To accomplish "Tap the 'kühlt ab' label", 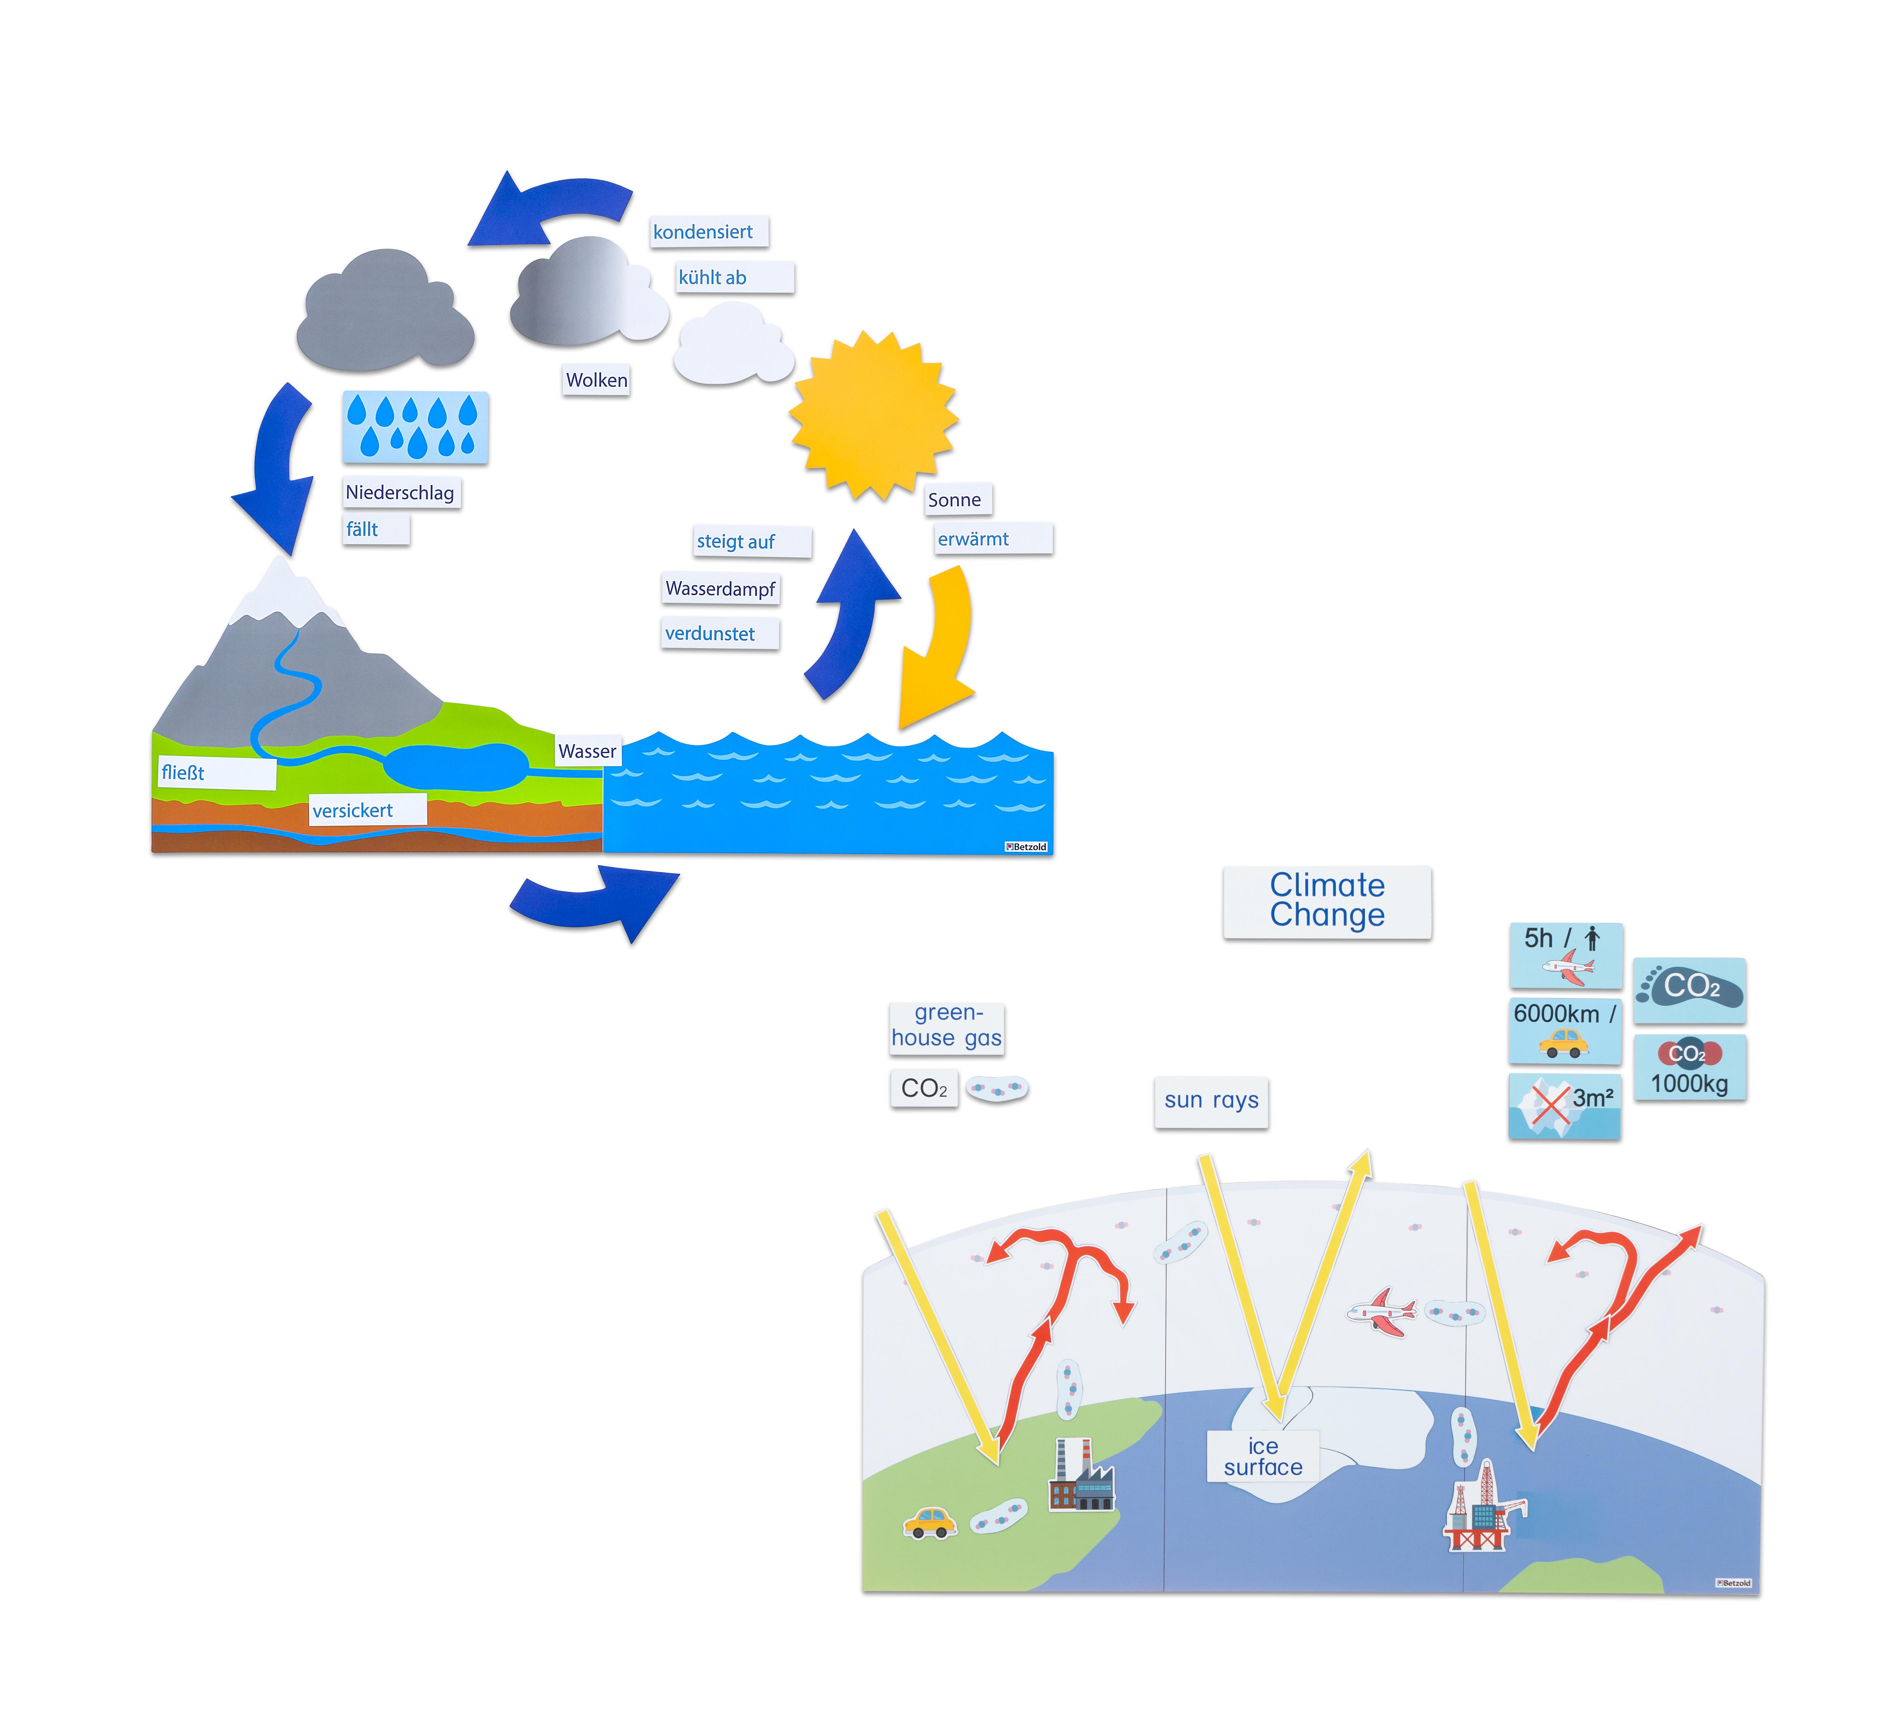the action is point(734,277).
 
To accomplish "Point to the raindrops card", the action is point(415,427).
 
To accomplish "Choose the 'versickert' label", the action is point(368,810).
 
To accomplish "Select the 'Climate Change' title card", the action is point(1327,902).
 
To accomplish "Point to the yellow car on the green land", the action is point(930,1522).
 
